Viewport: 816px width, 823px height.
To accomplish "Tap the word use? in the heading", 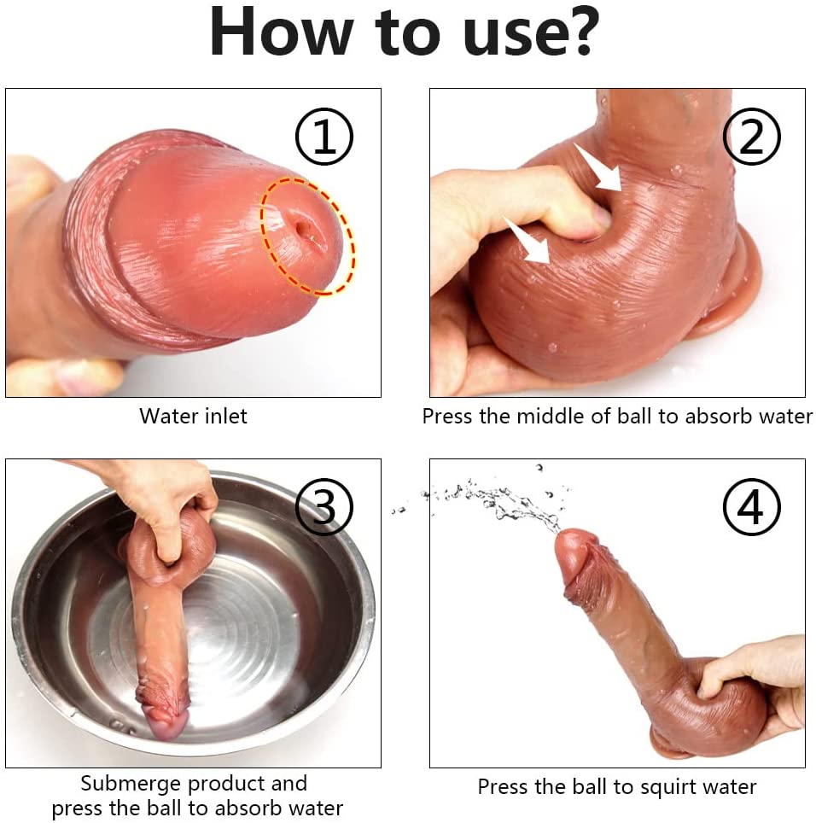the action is click(x=531, y=32).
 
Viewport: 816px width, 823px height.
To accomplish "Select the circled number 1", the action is click(x=324, y=137).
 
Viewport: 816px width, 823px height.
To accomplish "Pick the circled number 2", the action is click(x=751, y=137).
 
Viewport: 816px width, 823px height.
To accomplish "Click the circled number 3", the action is click(x=324, y=506).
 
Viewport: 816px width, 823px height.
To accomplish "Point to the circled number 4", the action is click(x=751, y=506).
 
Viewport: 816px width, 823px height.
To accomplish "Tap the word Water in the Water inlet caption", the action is click(x=169, y=416).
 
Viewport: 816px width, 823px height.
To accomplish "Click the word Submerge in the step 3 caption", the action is click(x=131, y=785).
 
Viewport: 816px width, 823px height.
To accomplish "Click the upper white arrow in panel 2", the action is click(x=598, y=167).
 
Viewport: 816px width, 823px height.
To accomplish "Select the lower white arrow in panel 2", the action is click(x=527, y=239).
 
